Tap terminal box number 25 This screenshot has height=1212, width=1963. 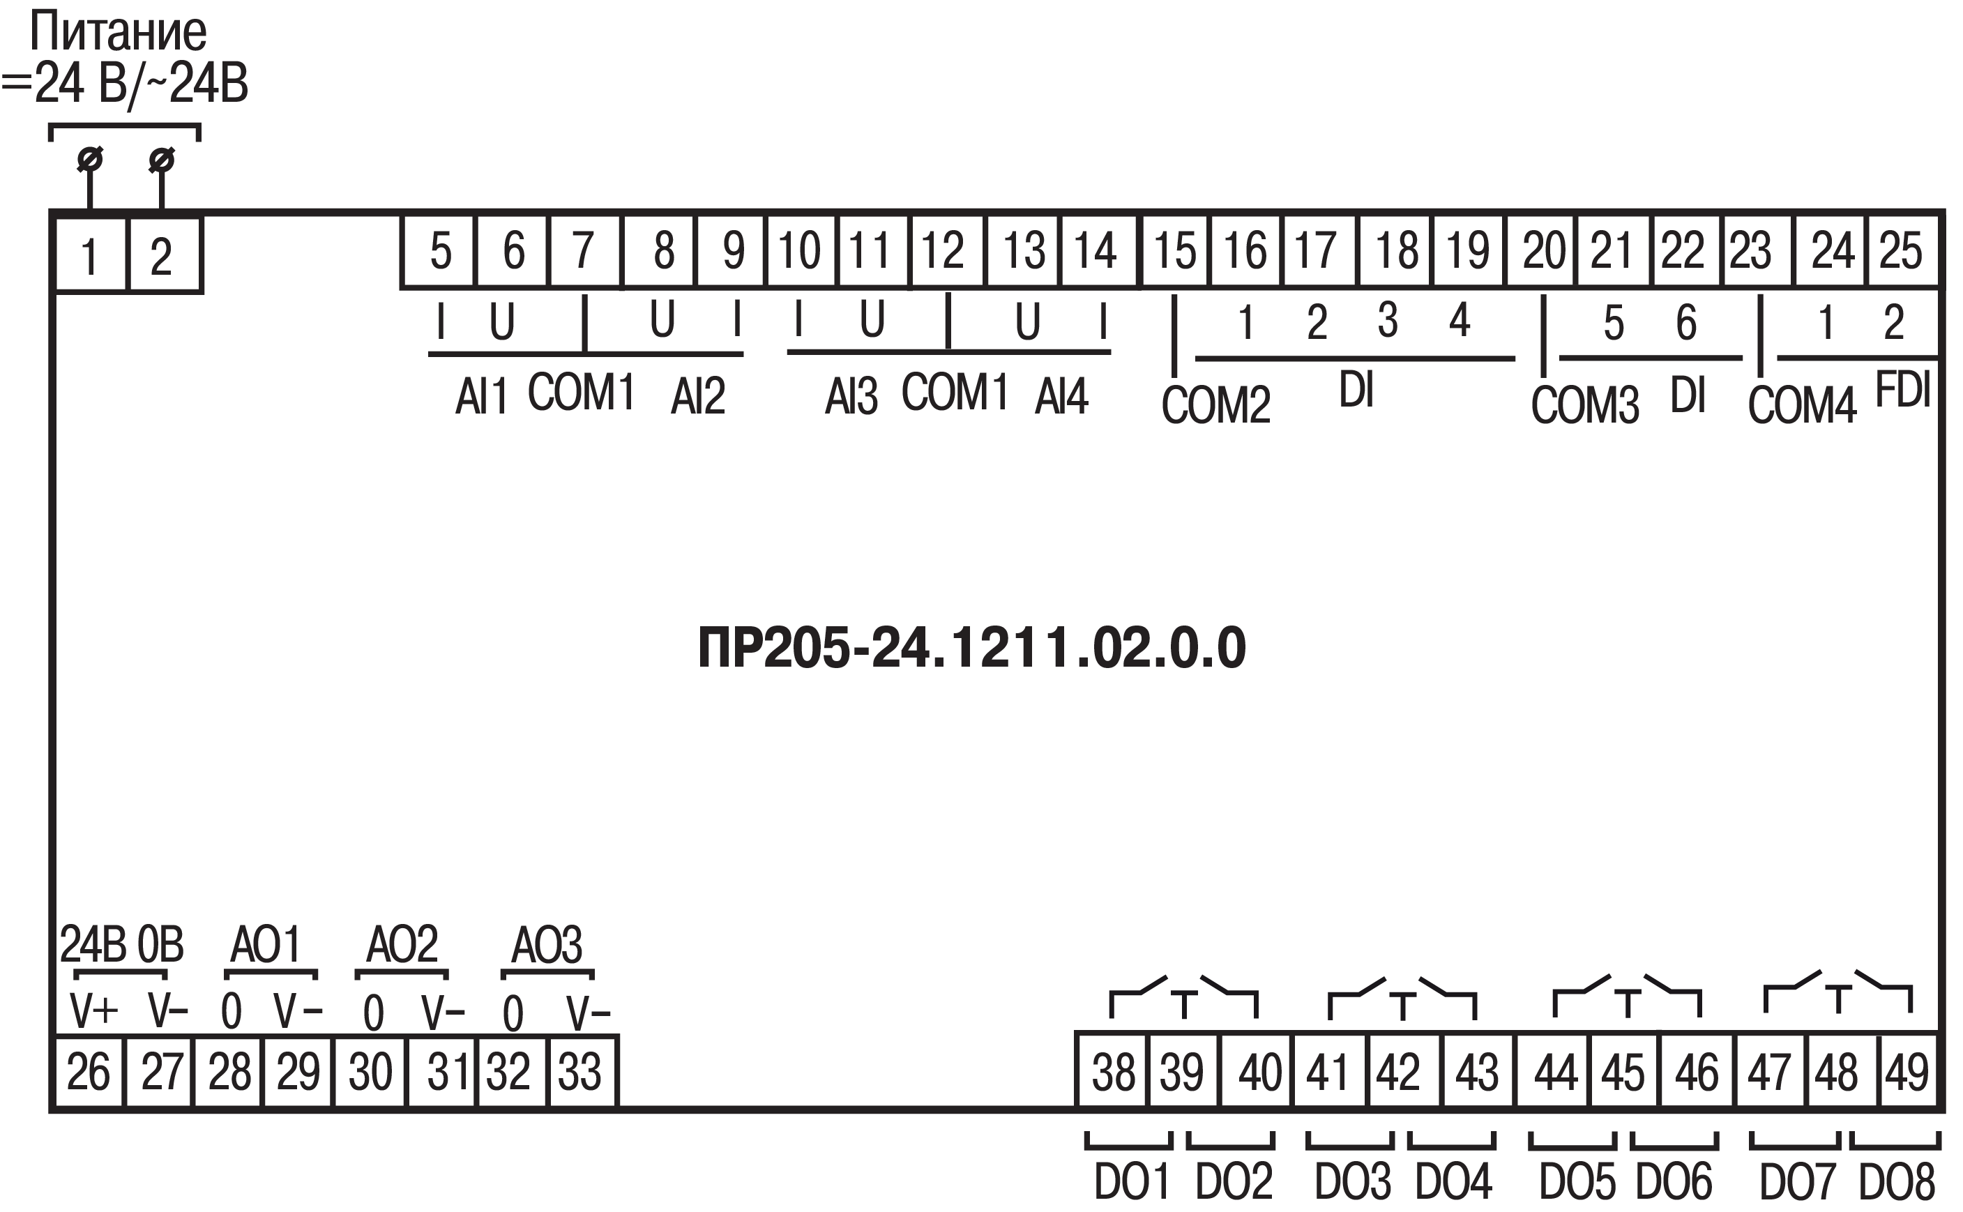point(1903,250)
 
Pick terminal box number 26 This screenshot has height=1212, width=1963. point(88,1072)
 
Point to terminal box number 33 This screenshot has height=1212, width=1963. point(582,1072)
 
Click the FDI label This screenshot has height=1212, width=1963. point(1903,391)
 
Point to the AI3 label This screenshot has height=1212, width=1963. point(851,396)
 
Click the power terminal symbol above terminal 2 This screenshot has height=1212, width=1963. point(162,160)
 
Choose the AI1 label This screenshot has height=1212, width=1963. point(482,396)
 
